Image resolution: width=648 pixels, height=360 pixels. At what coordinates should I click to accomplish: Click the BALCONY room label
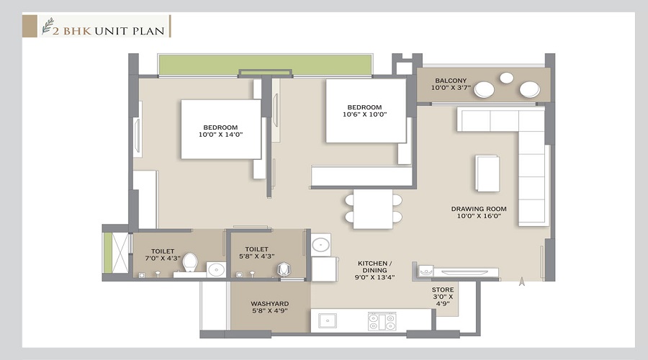pos(450,81)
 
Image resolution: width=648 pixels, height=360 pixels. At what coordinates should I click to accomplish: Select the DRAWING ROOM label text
pos(479,209)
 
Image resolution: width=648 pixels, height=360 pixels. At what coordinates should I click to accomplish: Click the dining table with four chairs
pos(373,209)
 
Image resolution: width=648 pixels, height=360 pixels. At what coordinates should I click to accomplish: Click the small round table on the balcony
pos(507,78)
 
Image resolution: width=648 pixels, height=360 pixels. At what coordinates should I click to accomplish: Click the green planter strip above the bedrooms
pos(264,64)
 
